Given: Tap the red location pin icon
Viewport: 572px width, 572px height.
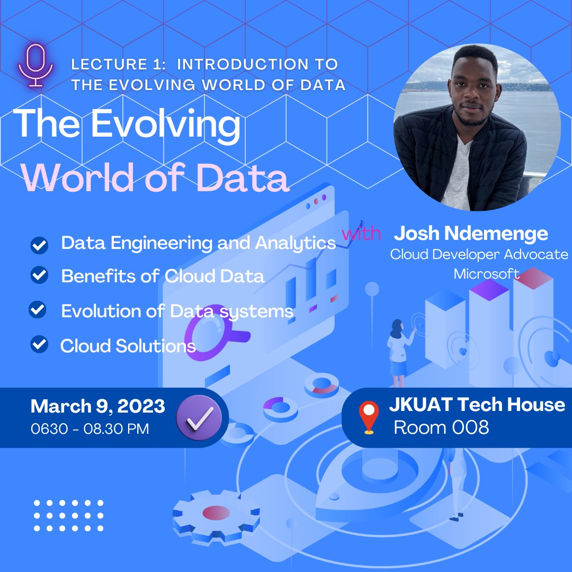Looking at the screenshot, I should pos(369,417).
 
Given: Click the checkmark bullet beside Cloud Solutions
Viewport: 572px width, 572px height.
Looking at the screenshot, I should pos(39,345).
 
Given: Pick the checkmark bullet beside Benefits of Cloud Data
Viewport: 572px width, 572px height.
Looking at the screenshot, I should pos(39,275).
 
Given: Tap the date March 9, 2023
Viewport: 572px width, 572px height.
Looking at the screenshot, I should pos(97,406).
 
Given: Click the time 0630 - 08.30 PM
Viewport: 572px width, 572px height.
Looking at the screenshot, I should pos(90,428).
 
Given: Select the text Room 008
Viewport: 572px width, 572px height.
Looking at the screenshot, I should pos(441,427).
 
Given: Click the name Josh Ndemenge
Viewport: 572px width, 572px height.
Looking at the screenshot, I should pos(471,233).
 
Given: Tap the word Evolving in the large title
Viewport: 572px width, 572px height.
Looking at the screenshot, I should pos(165,124).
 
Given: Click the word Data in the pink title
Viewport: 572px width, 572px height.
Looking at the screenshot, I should pos(243,179).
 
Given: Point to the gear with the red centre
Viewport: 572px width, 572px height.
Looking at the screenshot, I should pos(216,513).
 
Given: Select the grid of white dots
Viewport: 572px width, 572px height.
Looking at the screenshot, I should pos(68,515).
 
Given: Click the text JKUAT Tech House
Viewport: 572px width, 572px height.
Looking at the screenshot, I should pos(477,405).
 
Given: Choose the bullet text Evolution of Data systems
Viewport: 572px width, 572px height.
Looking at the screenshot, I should pos(177,311).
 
